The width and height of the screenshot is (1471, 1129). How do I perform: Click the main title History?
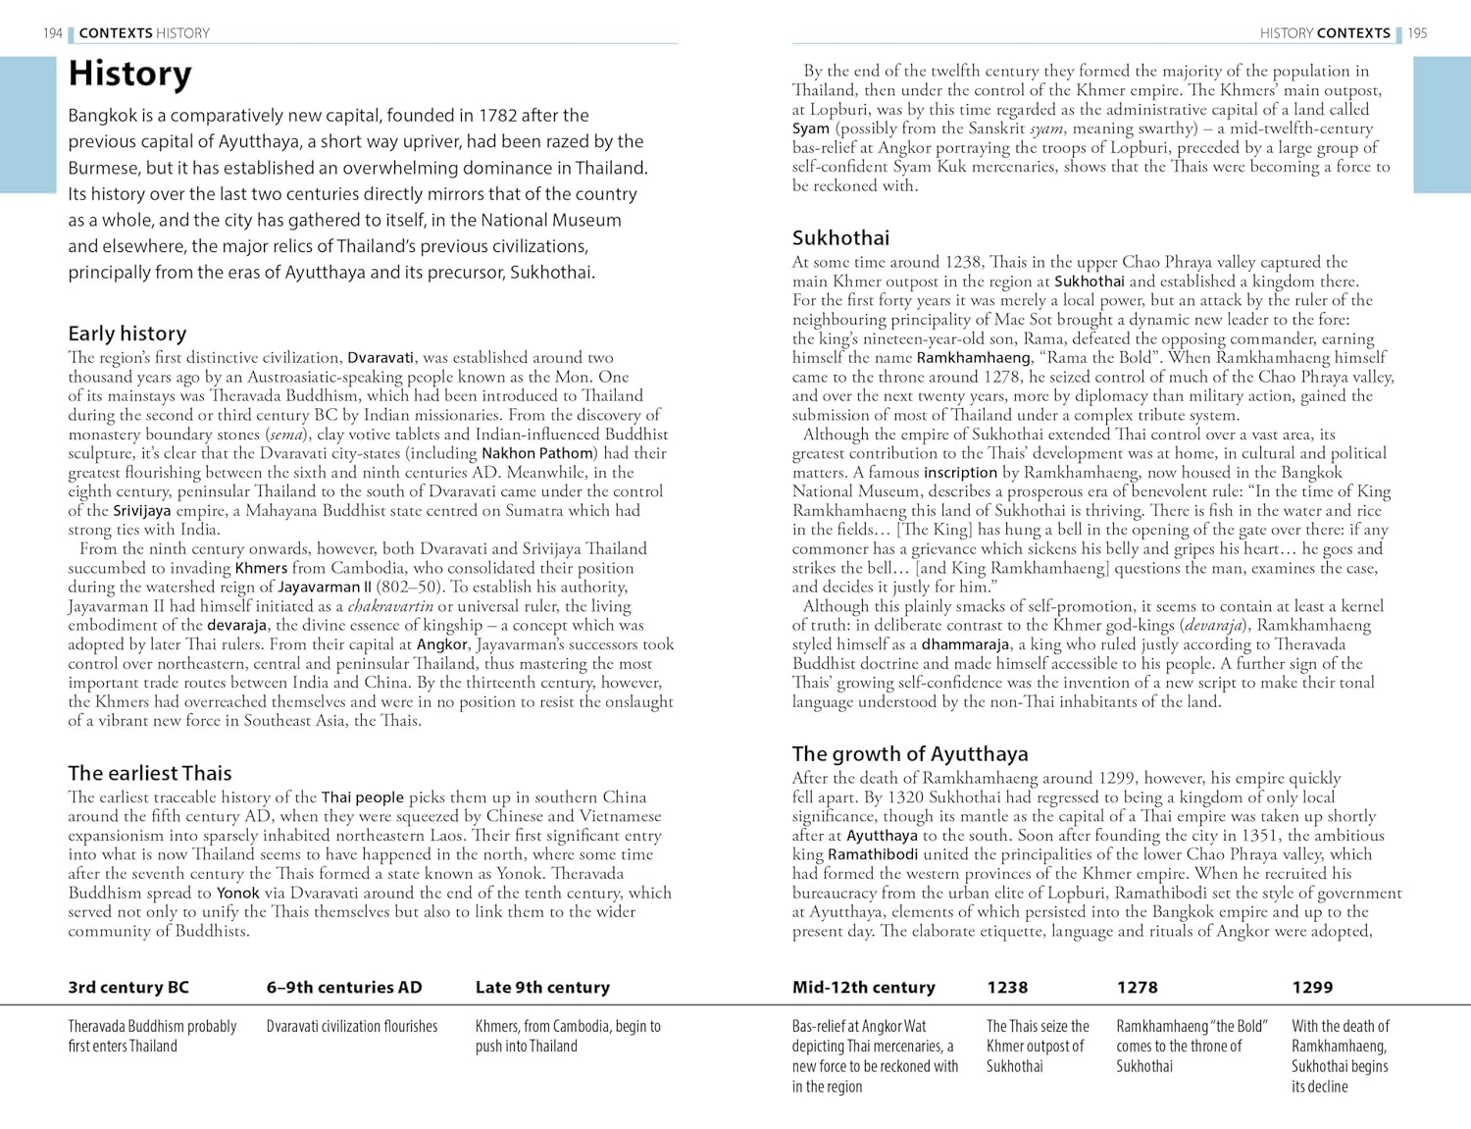[x=129, y=75]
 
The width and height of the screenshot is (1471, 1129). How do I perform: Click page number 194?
[x=53, y=33]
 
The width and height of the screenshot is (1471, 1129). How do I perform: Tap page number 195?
[x=1417, y=33]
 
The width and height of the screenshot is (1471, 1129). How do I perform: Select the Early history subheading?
[x=127, y=334]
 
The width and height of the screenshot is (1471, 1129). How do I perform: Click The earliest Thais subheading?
[x=149, y=773]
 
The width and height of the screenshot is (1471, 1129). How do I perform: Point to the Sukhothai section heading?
[x=840, y=238]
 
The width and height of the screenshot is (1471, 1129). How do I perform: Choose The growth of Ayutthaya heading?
[x=910, y=753]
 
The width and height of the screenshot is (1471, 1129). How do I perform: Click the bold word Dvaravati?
[x=380, y=358]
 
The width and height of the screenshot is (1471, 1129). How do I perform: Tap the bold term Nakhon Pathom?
[x=537, y=453]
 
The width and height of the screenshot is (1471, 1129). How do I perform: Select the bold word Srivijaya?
[x=142, y=510]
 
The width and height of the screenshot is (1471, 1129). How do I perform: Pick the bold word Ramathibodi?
[x=873, y=854]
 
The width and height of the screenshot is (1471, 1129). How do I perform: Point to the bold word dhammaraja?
[x=966, y=644]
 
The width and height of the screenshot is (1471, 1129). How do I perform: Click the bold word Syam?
[x=811, y=128]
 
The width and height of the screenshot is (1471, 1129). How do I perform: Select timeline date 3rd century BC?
[x=128, y=988]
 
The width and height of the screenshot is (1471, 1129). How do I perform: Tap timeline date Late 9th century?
[x=542, y=988]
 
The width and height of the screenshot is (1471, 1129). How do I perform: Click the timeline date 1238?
[x=1007, y=988]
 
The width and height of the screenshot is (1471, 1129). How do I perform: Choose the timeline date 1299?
[x=1312, y=988]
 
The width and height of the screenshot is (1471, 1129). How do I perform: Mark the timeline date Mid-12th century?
[x=863, y=988]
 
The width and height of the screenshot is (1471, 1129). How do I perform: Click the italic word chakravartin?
[x=390, y=606]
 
